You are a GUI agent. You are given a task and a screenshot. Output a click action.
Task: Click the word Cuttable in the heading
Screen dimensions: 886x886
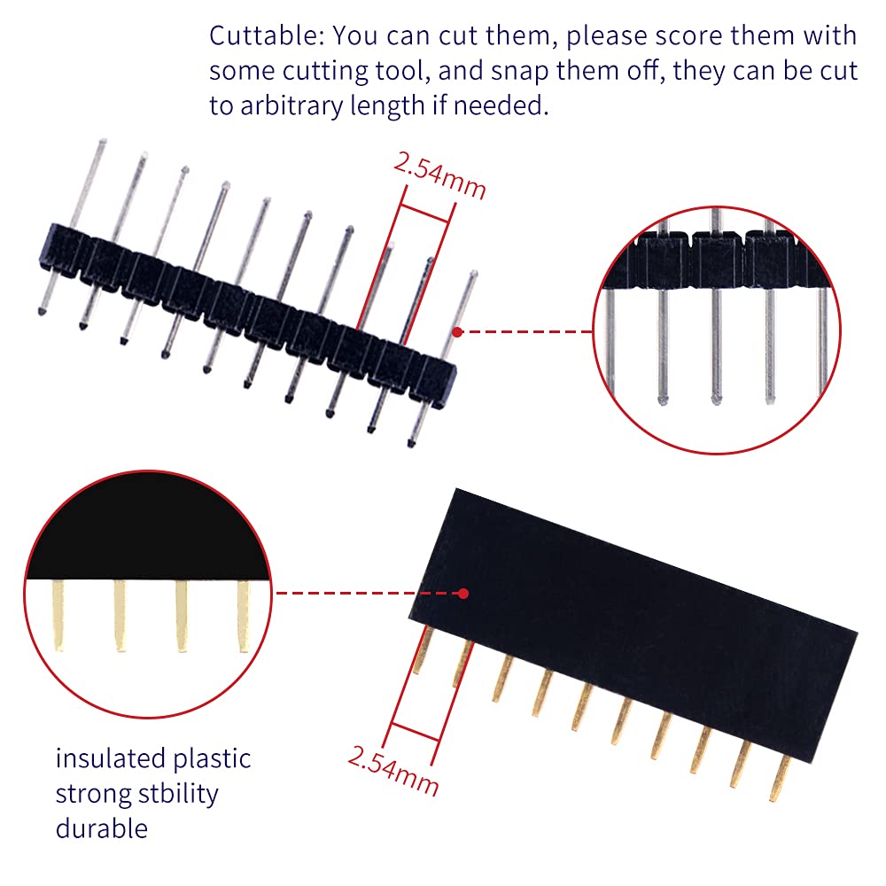(263, 35)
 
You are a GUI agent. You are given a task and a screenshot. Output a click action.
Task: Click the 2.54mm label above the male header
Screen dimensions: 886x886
(439, 175)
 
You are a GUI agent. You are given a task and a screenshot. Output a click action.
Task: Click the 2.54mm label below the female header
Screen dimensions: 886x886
(392, 770)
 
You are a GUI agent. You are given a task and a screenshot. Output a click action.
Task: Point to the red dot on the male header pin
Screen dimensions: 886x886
(457, 332)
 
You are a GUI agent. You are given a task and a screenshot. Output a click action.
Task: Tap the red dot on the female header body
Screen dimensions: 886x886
(463, 594)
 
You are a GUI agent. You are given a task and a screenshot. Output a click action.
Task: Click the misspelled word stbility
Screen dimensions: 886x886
(178, 793)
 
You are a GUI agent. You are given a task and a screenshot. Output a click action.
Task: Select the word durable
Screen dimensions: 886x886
(102, 828)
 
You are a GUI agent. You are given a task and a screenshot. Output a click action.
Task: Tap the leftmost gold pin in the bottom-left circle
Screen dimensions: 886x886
(58, 616)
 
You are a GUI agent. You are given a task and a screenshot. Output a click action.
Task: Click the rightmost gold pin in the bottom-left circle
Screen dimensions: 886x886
(244, 616)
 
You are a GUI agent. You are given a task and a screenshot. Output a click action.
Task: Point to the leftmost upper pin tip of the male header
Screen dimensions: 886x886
(102, 141)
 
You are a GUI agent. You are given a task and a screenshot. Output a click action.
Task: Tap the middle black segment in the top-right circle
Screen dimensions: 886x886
(717, 260)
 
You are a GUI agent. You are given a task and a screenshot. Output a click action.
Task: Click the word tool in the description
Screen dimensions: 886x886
(400, 72)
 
